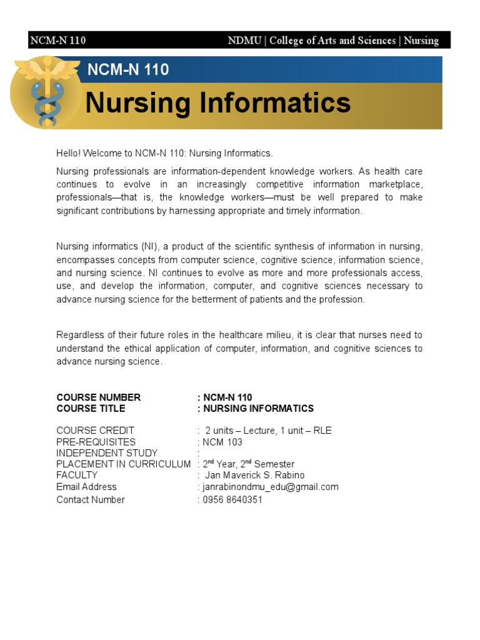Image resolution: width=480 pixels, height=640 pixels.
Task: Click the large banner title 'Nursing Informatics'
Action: coord(217,103)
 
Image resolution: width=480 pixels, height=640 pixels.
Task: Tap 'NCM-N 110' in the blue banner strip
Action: coord(128,69)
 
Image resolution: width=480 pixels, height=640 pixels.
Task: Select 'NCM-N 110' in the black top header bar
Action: coord(57,41)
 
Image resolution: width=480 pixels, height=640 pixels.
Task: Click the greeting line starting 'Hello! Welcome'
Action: coord(165,153)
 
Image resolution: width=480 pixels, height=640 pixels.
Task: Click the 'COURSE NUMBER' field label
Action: coord(99,397)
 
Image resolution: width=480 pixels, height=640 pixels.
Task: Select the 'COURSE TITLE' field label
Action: coord(91,409)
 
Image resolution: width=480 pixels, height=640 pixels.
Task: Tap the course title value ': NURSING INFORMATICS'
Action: coord(255,409)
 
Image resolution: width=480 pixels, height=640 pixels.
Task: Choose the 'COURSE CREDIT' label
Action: coord(96,431)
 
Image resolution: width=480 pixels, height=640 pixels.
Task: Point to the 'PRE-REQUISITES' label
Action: coord(96,442)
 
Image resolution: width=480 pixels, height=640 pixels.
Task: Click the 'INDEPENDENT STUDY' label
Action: coord(107,453)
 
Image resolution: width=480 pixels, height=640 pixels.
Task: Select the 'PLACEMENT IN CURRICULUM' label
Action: coord(123,464)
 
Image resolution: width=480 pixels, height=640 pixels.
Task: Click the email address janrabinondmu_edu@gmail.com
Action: coord(269,487)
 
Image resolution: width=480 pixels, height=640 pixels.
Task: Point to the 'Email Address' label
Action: coord(86,487)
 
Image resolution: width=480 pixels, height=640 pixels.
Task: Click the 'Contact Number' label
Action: coord(91,500)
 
